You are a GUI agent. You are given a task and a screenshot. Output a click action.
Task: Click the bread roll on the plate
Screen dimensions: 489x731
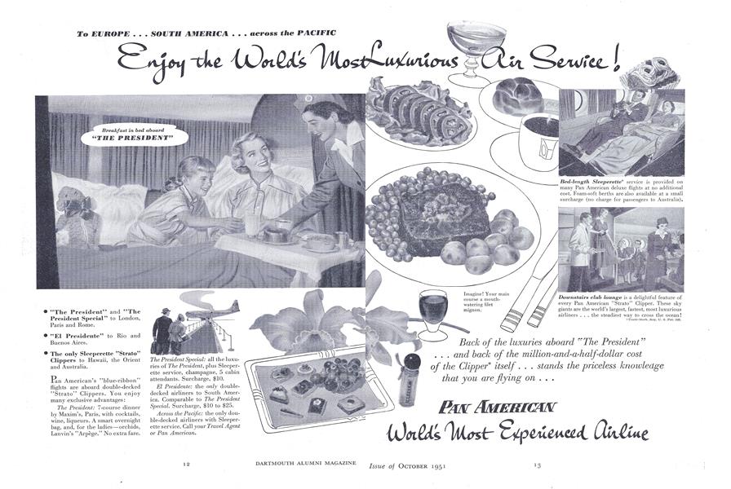516,95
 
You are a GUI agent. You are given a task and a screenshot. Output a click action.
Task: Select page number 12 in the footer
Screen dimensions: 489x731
187,464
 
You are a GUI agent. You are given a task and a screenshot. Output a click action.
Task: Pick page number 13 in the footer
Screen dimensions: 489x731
537,464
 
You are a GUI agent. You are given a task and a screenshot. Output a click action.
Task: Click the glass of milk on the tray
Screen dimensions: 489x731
251,224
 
